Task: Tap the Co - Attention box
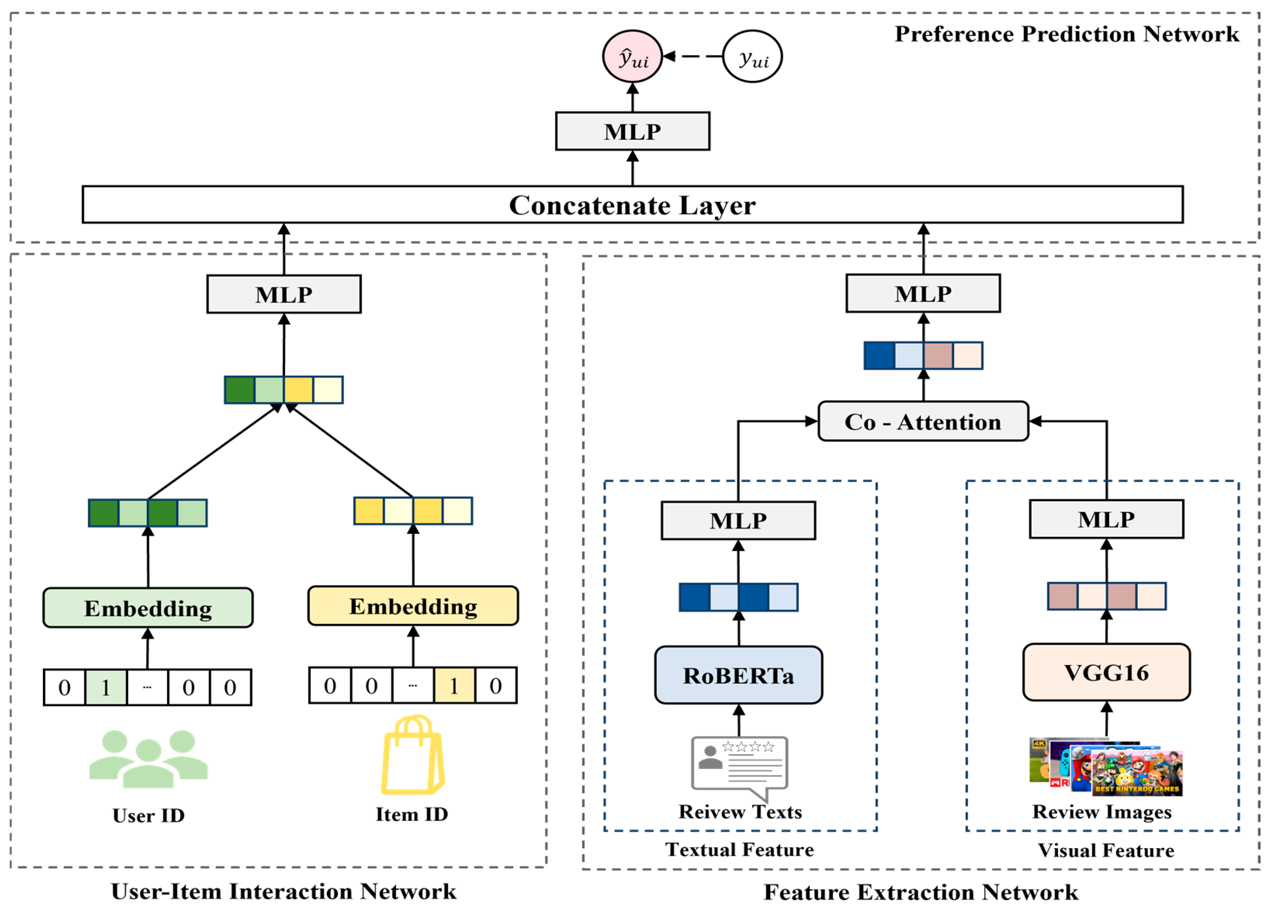[x=923, y=421]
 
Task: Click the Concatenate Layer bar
[x=632, y=204]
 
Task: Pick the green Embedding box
[x=148, y=607]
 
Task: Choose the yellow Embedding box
[x=413, y=606]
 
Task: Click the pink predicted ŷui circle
[x=632, y=56]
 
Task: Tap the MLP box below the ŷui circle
[x=632, y=131]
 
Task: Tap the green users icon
[x=148, y=759]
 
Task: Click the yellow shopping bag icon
[x=413, y=754]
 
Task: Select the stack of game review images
[x=1106, y=766]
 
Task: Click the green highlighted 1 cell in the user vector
[x=106, y=687]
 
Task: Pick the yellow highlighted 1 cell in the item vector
[x=454, y=685]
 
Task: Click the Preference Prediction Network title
[x=1067, y=33]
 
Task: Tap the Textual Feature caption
[x=739, y=849]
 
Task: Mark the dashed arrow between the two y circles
[x=693, y=56]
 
